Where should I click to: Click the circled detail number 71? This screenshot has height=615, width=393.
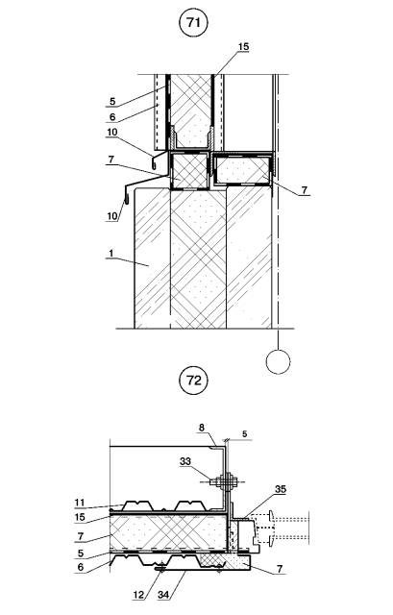(x=193, y=23)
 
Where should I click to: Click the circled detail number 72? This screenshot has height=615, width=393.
(x=193, y=381)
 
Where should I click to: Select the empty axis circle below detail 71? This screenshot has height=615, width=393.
(x=278, y=361)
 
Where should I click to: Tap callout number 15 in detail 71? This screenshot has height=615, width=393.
(x=243, y=47)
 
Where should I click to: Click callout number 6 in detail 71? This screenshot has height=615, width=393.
(x=112, y=116)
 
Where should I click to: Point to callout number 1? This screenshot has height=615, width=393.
(x=111, y=254)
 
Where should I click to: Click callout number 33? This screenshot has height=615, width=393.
(x=185, y=461)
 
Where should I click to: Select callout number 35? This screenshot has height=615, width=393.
(x=281, y=489)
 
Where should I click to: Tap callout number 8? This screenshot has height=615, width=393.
(x=202, y=428)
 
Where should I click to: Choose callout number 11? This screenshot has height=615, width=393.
(x=80, y=503)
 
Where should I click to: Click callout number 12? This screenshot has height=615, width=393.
(x=138, y=595)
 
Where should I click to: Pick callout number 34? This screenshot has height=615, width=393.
(x=163, y=595)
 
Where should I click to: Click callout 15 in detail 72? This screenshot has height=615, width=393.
(x=80, y=517)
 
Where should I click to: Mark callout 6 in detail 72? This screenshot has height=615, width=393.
(x=81, y=567)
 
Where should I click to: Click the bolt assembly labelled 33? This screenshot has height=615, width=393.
(x=227, y=481)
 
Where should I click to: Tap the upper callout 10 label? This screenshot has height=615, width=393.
(x=112, y=133)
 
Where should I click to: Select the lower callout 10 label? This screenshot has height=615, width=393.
(x=112, y=216)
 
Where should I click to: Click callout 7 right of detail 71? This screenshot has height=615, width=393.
(x=305, y=190)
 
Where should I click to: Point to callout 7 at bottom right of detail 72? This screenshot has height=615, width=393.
(x=280, y=569)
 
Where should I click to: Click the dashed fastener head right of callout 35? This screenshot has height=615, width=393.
(x=272, y=528)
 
